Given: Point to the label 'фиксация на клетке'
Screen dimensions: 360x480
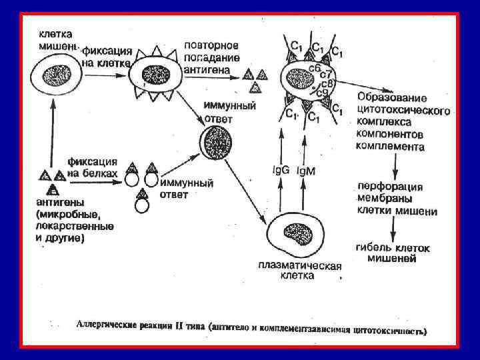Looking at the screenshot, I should point(107,57).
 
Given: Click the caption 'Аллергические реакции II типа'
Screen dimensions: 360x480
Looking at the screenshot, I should point(140,327).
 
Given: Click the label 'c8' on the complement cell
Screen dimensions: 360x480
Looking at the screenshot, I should point(327,83).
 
